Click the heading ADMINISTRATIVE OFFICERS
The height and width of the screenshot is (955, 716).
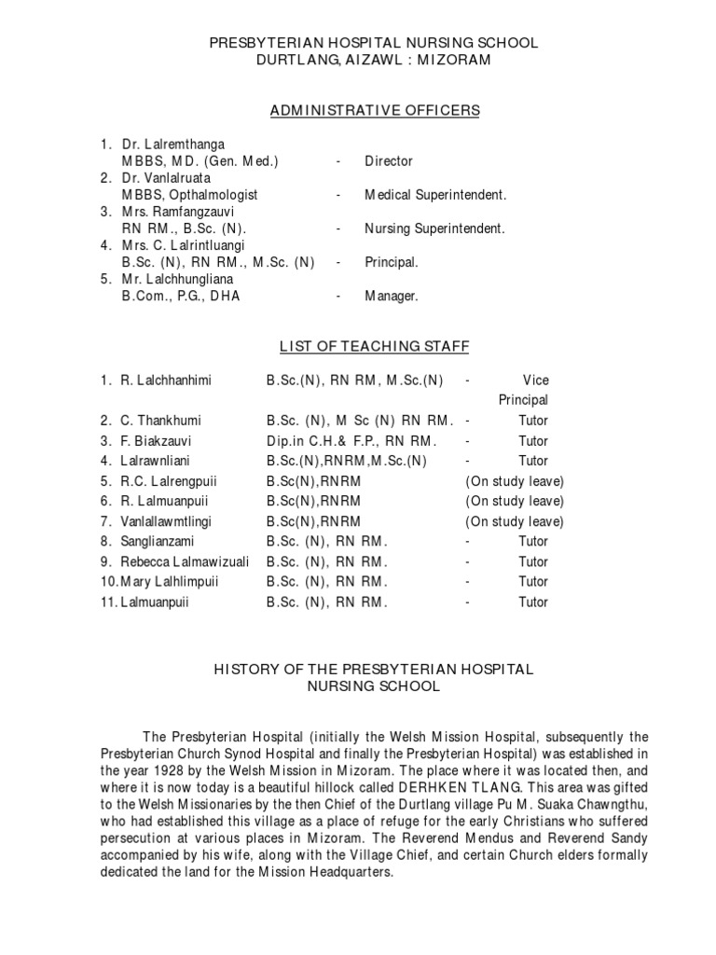(x=375, y=111)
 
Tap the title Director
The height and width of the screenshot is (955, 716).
(x=389, y=161)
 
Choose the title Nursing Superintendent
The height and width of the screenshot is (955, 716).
(x=434, y=228)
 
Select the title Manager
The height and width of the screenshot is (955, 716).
(x=392, y=297)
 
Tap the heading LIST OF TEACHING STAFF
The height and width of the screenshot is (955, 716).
(x=375, y=348)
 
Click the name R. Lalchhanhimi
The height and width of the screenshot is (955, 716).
(x=166, y=381)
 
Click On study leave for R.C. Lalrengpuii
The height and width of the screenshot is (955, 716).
(x=515, y=481)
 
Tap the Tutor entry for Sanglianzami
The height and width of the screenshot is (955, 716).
(x=533, y=541)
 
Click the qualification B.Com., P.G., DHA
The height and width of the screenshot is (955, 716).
(x=181, y=297)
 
